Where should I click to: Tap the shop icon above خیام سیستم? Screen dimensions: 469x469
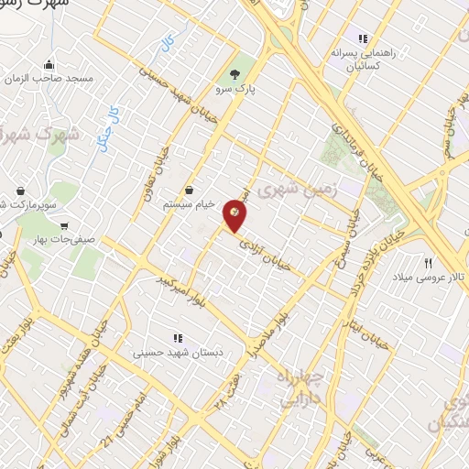(x=188, y=190)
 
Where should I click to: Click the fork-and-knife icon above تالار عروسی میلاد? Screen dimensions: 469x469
(x=428, y=261)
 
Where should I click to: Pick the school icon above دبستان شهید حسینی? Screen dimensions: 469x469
(x=179, y=337)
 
